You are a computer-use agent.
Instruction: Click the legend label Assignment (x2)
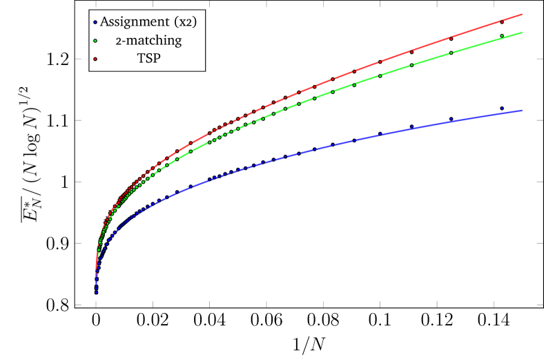148,21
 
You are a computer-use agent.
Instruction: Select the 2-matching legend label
148,41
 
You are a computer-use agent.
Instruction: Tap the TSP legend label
148,59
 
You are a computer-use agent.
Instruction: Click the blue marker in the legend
95,22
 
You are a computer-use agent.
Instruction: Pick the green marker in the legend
95,41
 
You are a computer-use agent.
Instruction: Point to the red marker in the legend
95,59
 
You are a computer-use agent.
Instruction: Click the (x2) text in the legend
184,22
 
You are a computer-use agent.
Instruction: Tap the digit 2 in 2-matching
118,41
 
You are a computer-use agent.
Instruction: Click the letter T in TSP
139,59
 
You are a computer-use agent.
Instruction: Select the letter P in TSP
157,59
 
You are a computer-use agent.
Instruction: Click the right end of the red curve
522,14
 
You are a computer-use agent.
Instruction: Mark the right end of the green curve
522,32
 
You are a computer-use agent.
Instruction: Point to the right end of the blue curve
522,111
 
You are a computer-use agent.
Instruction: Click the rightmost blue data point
502,109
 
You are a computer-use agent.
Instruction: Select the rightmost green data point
502,36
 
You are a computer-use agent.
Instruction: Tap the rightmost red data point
502,21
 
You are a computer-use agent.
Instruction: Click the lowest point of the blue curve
96,294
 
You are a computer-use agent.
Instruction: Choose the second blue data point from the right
451,119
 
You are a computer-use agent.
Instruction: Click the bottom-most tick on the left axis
78,304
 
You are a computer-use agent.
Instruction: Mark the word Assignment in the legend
135,22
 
